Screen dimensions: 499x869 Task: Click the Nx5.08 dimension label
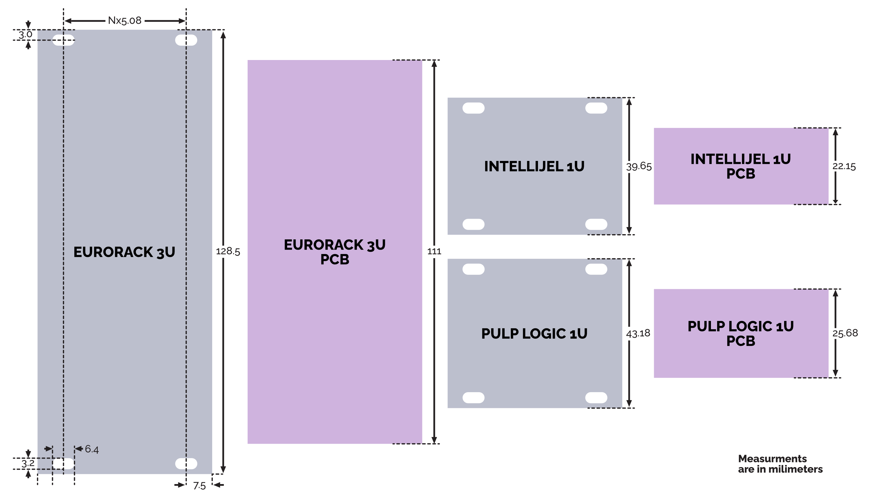125,20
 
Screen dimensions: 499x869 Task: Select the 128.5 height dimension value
228,252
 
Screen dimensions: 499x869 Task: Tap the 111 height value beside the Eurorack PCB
434,252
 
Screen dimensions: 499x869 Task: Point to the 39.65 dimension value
639,167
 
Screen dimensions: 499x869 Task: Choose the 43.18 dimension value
638,333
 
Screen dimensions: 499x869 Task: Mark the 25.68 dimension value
845,333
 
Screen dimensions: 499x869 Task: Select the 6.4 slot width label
92,449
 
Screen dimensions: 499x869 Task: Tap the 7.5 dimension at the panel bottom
199,486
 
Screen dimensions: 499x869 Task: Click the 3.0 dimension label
25,35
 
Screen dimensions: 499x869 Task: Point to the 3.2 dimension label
28,464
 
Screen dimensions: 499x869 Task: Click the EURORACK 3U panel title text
124,252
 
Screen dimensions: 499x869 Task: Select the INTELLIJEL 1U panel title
534,167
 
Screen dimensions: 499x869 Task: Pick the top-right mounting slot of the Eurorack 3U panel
186,40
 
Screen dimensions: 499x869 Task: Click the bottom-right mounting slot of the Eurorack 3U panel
186,464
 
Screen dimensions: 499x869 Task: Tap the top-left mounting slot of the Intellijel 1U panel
473,108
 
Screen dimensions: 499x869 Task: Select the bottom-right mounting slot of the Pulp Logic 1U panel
596,397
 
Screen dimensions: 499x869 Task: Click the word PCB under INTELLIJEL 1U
741,174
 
